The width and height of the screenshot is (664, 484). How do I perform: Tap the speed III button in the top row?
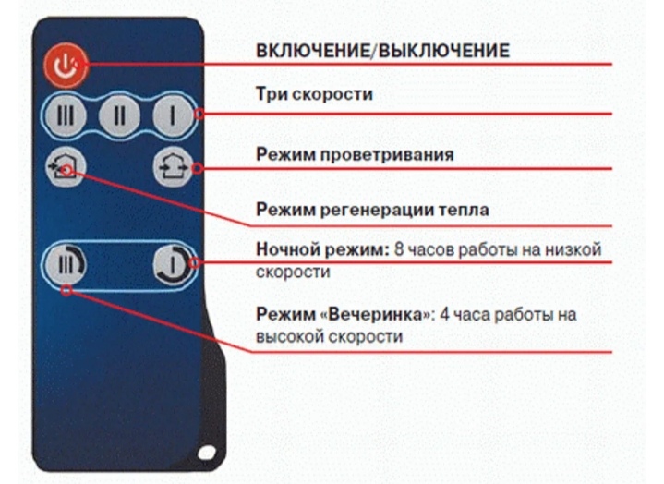(x=66, y=115)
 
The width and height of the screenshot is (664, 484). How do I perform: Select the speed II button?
(x=120, y=115)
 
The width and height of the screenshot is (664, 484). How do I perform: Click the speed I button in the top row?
(x=173, y=115)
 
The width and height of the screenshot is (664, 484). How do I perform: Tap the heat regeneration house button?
(x=66, y=168)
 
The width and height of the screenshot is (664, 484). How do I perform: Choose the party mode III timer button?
(x=66, y=265)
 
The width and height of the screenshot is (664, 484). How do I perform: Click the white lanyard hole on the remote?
(x=207, y=453)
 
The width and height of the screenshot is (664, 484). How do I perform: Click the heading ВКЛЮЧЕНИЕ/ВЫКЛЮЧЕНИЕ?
(x=383, y=51)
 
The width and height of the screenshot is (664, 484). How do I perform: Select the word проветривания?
(x=387, y=155)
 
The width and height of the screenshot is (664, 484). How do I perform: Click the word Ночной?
(x=288, y=249)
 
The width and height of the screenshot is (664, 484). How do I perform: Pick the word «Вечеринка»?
(x=379, y=315)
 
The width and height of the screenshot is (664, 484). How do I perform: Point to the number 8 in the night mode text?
(x=399, y=249)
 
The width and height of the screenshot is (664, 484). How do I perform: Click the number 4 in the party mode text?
(x=444, y=315)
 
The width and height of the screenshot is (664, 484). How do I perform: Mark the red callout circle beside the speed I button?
(x=199, y=114)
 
